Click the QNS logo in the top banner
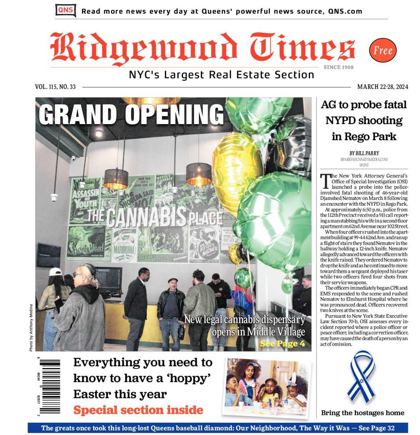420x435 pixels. tap(65, 10)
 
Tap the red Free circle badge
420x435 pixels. tap(383, 50)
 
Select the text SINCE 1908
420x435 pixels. tap(338, 67)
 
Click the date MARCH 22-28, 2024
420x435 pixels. tap(383, 87)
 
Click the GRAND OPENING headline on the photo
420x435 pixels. tap(131, 114)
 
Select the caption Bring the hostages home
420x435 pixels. tap(363, 412)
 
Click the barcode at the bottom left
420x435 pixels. tap(50, 386)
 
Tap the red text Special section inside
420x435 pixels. tap(138, 410)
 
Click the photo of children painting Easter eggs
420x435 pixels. tap(267, 387)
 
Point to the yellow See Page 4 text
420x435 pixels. tap(282, 344)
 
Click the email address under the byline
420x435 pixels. tap(364, 160)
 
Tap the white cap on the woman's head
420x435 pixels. tap(55, 272)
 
